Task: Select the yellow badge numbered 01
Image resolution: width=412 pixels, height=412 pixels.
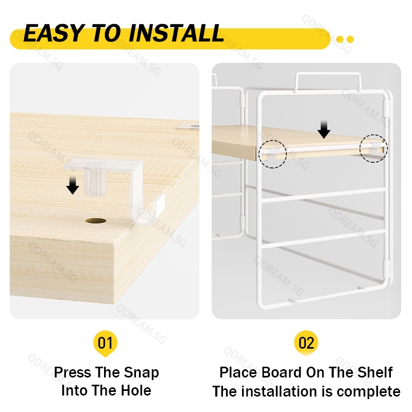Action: (x=105, y=344)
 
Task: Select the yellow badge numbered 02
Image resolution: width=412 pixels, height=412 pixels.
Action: (x=306, y=343)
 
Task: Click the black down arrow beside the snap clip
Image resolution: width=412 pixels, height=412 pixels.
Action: (x=73, y=185)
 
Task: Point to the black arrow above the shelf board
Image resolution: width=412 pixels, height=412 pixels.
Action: (x=324, y=130)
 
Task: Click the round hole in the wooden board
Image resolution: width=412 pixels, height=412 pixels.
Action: (x=96, y=221)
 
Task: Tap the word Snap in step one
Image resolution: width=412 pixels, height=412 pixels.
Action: (x=141, y=372)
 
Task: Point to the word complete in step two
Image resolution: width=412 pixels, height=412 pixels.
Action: (x=369, y=392)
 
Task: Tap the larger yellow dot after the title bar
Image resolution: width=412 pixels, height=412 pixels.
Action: (x=350, y=40)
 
